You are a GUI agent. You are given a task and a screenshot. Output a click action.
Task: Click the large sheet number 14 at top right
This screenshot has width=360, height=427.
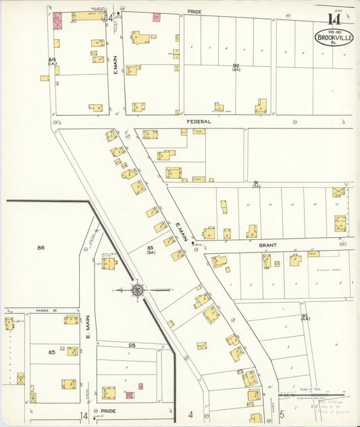click(x=334, y=18)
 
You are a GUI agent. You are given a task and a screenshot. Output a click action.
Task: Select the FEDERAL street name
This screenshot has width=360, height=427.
click(x=199, y=122)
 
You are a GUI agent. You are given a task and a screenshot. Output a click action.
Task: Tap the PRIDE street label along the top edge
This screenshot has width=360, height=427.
click(x=194, y=11)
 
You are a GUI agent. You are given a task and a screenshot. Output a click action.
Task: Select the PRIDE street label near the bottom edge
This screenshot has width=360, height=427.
click(x=107, y=410)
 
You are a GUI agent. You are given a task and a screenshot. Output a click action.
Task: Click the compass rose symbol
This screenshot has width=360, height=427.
click(x=138, y=289)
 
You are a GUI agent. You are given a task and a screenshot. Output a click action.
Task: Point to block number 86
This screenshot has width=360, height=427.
click(x=41, y=248)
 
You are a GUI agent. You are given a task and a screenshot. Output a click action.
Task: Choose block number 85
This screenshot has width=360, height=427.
click(x=51, y=352)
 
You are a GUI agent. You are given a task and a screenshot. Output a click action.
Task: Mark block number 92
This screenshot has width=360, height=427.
click(x=236, y=66)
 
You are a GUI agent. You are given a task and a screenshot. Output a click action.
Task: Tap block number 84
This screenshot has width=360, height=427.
click(x=51, y=59)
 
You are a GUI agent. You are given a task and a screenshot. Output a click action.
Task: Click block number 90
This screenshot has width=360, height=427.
click(x=305, y=316)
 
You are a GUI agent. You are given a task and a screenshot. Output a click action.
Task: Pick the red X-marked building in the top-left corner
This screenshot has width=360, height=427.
click(x=58, y=22)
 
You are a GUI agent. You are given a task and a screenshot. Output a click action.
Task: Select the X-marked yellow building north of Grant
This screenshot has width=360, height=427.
click(x=338, y=192)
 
